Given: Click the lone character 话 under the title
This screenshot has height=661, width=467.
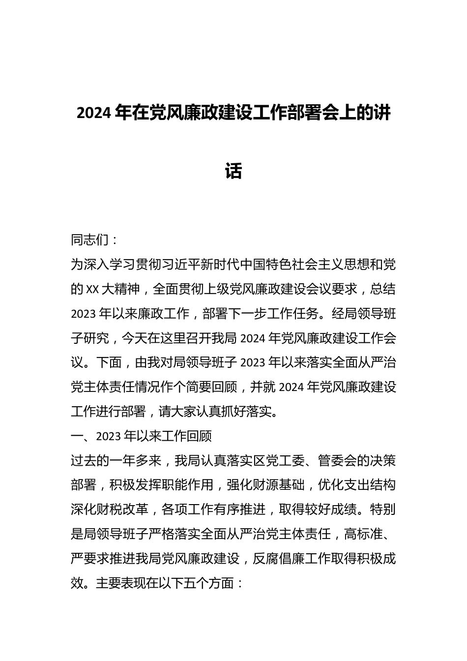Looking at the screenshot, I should click(233, 171).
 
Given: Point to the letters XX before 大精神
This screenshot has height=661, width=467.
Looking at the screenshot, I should click(92, 289).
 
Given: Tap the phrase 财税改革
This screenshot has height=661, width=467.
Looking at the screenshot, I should click(123, 510).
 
